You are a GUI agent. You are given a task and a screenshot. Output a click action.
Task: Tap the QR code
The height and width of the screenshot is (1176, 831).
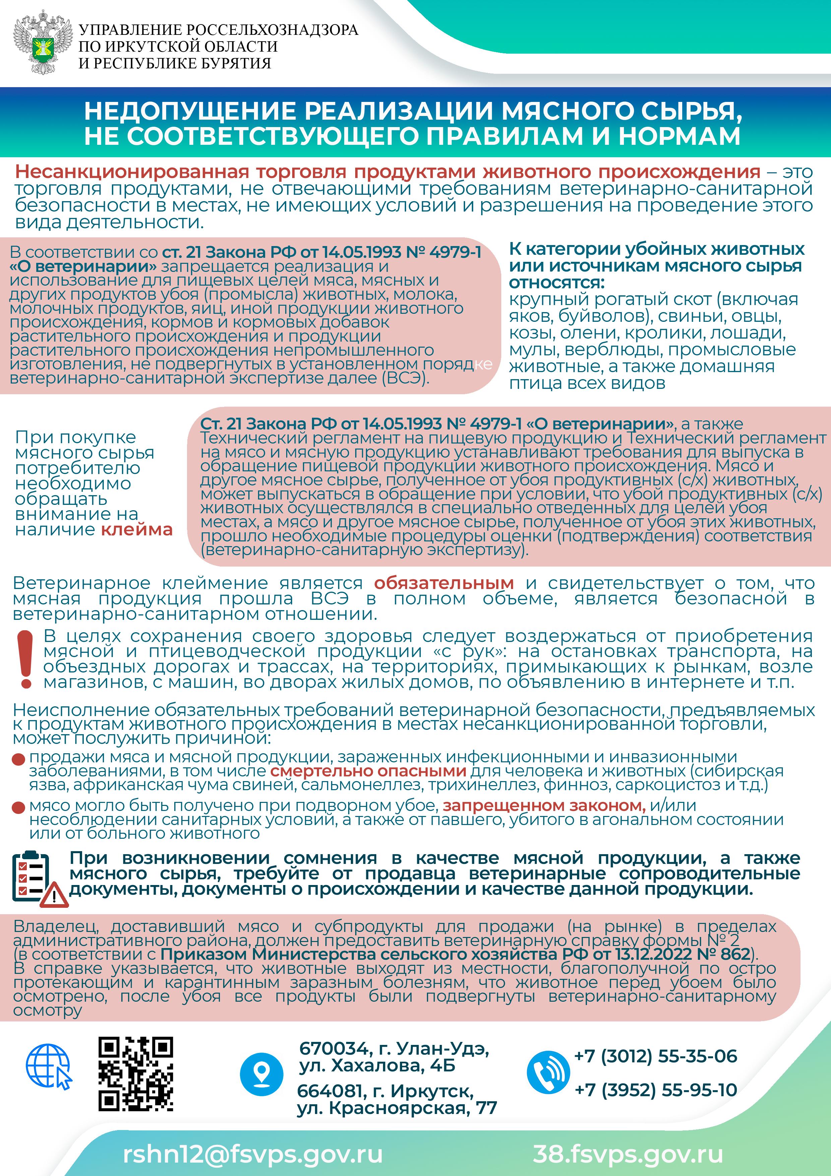[136, 1073]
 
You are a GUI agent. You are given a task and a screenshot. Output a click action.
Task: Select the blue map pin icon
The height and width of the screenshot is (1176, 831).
[262, 1074]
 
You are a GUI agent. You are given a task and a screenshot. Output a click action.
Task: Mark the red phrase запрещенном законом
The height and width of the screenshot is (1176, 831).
[544, 805]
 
